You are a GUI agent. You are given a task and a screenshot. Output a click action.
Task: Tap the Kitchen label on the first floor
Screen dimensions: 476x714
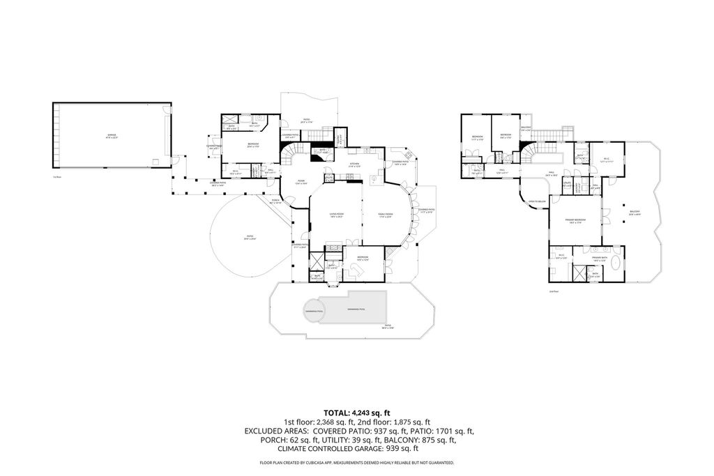pos(354,164)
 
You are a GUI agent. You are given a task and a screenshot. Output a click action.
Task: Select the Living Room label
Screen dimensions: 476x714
pos(337,215)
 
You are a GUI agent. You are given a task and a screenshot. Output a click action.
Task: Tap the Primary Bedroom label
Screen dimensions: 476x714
pos(575,220)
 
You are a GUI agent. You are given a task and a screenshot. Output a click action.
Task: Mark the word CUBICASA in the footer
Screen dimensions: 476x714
pos(331,463)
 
